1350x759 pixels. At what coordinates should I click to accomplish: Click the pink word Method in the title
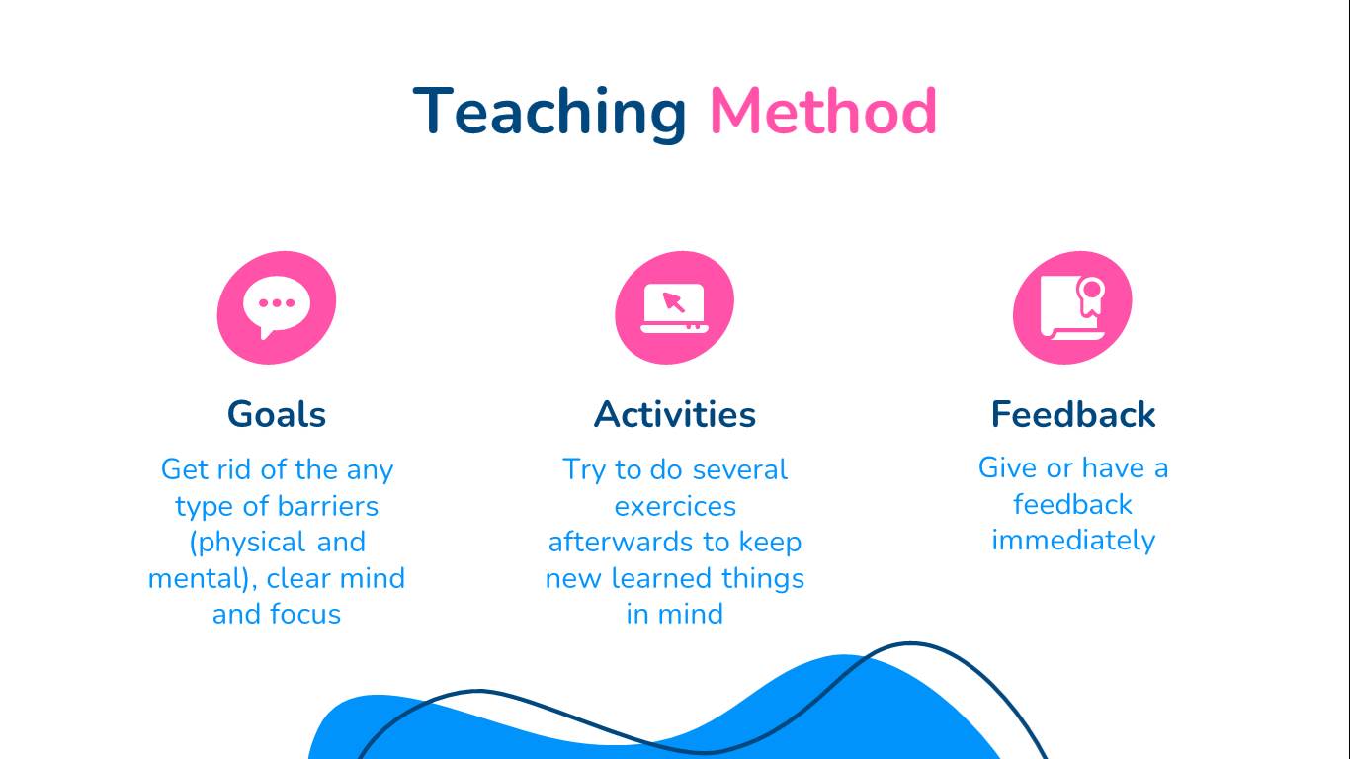click(823, 112)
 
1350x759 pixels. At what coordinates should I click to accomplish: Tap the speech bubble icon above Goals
click(277, 307)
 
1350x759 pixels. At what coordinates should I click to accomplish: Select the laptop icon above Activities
click(674, 307)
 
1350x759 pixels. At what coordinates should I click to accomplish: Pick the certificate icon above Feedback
click(1072, 307)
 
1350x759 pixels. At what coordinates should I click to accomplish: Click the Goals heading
click(277, 414)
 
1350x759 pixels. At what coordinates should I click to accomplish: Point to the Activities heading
click(674, 414)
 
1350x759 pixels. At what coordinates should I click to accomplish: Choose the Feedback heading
click(1072, 414)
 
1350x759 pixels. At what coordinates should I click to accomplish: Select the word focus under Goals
click(305, 614)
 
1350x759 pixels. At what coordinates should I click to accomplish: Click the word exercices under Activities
click(675, 506)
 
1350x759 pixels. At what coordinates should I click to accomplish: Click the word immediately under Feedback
click(1073, 541)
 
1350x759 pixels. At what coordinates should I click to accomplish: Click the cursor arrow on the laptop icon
click(673, 302)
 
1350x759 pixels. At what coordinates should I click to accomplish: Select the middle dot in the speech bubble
click(277, 303)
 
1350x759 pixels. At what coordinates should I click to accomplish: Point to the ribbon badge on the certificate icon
click(1091, 296)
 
